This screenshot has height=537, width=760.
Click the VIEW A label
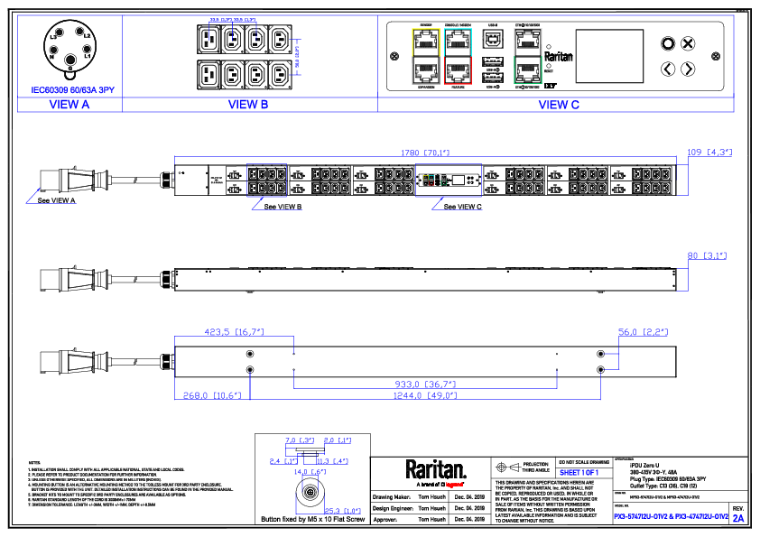pos(69,105)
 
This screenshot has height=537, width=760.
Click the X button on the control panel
pos(688,43)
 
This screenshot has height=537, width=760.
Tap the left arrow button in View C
pos(668,69)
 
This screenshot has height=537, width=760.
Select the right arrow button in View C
pos(688,69)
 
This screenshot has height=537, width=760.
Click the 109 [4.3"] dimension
pos(709,153)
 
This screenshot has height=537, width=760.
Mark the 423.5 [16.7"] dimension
pos(234,332)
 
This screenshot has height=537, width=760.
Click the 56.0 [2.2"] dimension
pos(643,332)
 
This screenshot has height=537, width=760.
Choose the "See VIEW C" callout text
pos(463,207)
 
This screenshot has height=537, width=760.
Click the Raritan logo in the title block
pos(436,468)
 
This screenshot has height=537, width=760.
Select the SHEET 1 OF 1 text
pos(579,472)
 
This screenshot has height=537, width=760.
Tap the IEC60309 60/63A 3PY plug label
pos(70,91)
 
